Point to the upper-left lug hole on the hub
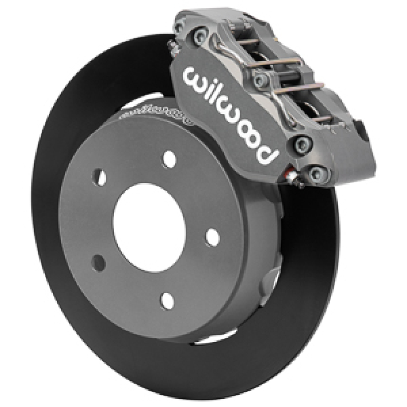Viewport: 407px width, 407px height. pyautogui.click(x=100, y=177)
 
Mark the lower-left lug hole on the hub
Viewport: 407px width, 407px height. pyautogui.click(x=99, y=261)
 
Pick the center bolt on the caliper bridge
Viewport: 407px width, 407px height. pyautogui.click(x=263, y=79)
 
